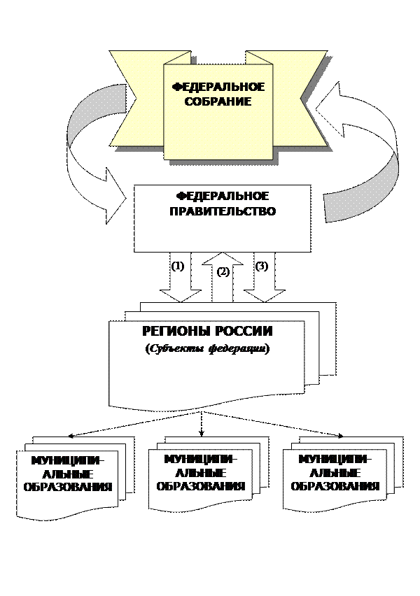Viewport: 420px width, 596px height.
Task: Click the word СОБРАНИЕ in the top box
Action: tap(218, 101)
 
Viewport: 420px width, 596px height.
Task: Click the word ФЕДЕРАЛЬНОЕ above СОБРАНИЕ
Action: tap(218, 87)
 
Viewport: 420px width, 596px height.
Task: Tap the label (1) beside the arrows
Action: tap(178, 266)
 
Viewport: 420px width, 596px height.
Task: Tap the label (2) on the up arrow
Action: tap(223, 273)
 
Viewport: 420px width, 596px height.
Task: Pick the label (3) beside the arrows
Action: tap(261, 266)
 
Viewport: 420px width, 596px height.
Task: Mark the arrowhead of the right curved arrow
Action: tap(343, 105)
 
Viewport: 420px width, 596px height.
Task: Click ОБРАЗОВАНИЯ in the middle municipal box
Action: tap(200, 485)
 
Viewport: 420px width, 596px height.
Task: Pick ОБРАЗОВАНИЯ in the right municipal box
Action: tap(334, 486)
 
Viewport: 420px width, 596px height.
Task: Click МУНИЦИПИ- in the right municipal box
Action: tap(334, 460)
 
